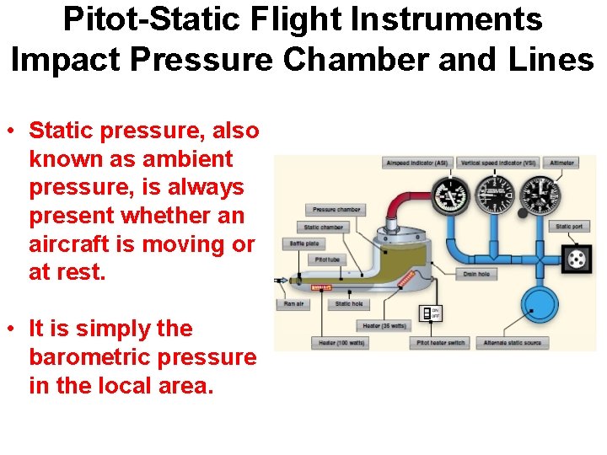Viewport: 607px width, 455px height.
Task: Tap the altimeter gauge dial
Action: coord(540,195)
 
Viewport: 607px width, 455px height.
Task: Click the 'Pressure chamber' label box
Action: coord(336,210)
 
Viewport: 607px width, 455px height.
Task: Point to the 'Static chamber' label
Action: coord(324,227)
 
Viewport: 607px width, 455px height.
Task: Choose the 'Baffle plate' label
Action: coord(304,244)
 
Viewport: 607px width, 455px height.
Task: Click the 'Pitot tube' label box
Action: coord(327,260)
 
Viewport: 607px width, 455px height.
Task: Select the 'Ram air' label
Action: coord(293,304)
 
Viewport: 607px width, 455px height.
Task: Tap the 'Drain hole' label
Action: coord(476,274)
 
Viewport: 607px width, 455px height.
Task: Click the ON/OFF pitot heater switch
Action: coord(431,313)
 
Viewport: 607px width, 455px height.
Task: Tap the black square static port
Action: coord(577,260)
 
